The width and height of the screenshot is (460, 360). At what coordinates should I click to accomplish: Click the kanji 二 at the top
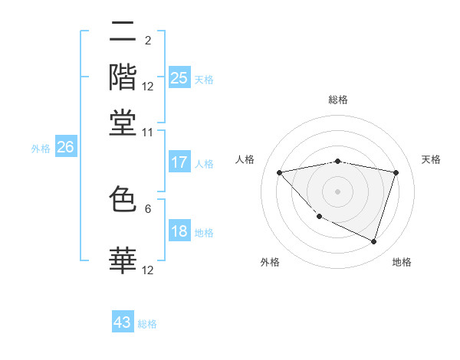[x=123, y=33]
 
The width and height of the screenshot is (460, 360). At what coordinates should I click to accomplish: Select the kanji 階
[x=123, y=77]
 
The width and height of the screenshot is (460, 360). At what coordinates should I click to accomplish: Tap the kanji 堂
[x=123, y=122]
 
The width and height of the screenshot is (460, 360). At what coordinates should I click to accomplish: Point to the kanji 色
[x=123, y=199]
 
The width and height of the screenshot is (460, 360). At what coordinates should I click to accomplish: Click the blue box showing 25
[x=179, y=77]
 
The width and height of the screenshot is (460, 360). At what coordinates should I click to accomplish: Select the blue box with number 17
[x=179, y=162]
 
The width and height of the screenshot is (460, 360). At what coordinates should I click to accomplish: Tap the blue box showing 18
[x=179, y=232]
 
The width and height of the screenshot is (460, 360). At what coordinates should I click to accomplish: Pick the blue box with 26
[x=64, y=148]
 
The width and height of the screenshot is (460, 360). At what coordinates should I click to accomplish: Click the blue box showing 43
[x=123, y=322]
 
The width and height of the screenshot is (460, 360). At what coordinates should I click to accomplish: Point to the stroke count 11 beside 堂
[x=148, y=132]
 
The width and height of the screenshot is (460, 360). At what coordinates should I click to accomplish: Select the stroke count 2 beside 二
[x=148, y=41]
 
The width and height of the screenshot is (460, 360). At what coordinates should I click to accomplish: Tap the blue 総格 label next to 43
[x=147, y=324]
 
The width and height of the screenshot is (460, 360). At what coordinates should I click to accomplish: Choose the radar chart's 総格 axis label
[x=338, y=100]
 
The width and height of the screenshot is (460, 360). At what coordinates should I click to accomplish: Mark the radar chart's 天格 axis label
[x=431, y=159]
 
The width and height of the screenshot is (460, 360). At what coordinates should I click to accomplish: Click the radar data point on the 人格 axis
[x=280, y=172]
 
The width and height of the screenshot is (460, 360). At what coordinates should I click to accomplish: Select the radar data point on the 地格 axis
[x=373, y=242]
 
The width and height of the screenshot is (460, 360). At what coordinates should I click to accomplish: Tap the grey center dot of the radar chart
[x=338, y=191]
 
